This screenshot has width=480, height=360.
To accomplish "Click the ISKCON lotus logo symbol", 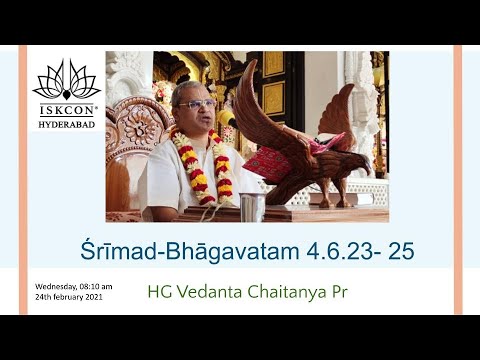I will pyautogui.click(x=66, y=78).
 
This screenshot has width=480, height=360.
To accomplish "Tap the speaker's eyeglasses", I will pyautogui.click(x=196, y=103).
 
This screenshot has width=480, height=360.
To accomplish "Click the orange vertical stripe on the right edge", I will pyautogui.click(x=458, y=180).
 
